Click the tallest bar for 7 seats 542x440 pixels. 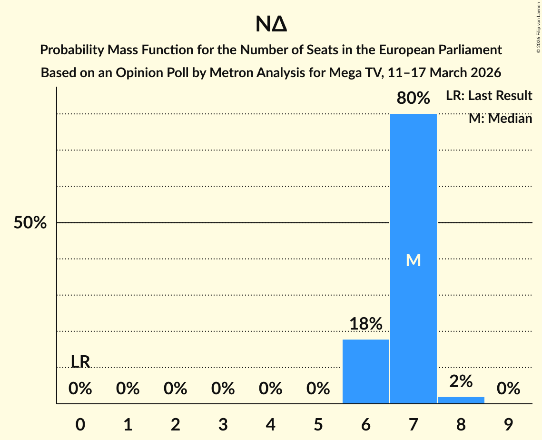tap(413, 190)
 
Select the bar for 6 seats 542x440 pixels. tap(365, 371)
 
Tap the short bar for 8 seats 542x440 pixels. tap(461, 400)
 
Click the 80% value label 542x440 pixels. tap(413, 99)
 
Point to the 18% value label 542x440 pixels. tap(365, 324)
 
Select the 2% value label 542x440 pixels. tap(461, 381)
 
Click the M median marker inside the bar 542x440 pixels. tap(413, 260)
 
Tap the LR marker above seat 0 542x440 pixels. tap(80, 362)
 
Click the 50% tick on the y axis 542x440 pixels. tap(30, 223)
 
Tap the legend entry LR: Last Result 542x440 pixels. tap(489, 96)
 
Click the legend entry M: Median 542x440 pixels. tap(500, 119)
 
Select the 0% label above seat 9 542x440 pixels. tap(508, 389)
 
